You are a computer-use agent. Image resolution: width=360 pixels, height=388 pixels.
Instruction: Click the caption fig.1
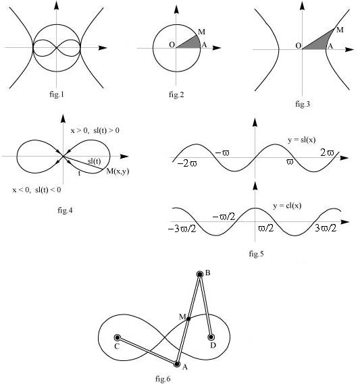click(x=57, y=94)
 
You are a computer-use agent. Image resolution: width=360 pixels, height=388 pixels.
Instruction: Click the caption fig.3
click(x=303, y=104)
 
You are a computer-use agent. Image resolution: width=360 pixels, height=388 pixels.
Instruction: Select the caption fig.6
click(x=163, y=379)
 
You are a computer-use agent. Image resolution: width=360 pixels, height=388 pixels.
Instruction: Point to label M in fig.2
click(x=202, y=32)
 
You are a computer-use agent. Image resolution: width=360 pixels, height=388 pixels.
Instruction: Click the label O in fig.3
click(x=299, y=46)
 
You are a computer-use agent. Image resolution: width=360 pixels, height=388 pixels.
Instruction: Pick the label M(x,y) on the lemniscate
click(x=118, y=171)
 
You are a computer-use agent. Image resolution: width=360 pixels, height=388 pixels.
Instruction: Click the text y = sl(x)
click(x=302, y=140)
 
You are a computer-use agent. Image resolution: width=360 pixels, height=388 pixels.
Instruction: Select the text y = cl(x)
click(x=287, y=206)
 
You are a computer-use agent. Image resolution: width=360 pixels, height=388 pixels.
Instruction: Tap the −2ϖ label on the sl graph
click(x=187, y=163)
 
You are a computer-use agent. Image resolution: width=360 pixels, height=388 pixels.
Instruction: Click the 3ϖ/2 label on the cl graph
click(x=326, y=228)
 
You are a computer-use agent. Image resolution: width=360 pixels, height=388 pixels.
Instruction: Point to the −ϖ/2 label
click(x=224, y=217)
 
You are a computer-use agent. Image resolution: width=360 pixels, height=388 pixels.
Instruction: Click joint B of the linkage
click(x=200, y=274)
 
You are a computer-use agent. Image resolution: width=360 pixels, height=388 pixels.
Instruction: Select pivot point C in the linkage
click(x=118, y=337)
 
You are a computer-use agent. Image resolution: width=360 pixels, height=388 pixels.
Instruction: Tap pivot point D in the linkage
click(x=211, y=337)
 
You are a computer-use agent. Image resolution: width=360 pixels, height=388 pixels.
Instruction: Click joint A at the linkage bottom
click(x=177, y=364)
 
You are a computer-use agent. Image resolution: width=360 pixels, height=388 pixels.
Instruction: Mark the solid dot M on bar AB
click(x=188, y=319)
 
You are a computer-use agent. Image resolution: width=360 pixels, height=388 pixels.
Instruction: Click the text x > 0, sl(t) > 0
click(x=95, y=130)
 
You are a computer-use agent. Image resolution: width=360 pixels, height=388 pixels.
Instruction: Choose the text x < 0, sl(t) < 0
click(x=36, y=190)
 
